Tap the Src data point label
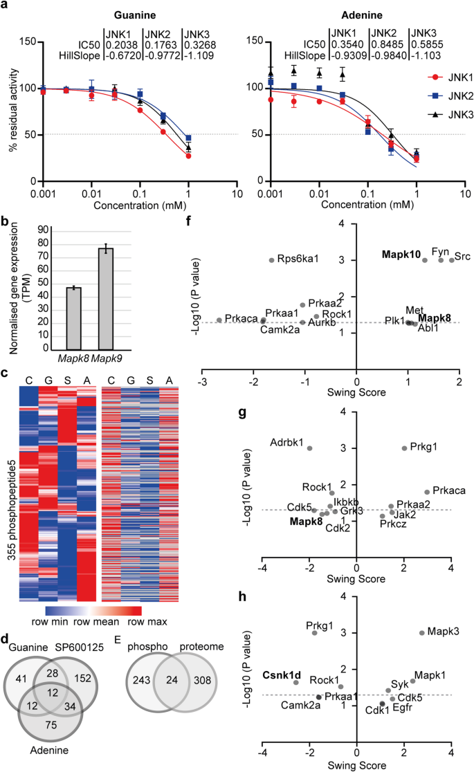point(463,257)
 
